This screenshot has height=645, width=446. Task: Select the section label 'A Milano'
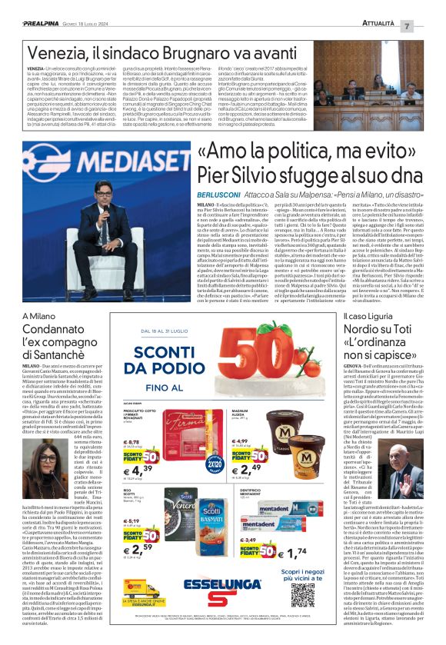click(40, 315)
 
